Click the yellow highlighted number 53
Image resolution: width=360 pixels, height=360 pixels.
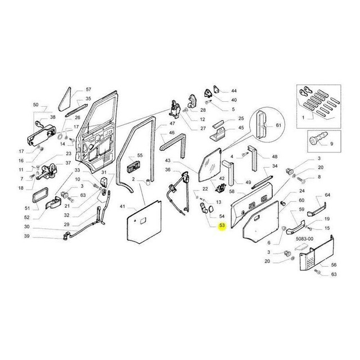tap(222, 226)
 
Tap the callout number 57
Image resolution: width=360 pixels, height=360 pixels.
tap(88, 89)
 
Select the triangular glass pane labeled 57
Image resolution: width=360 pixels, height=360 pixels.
tap(65, 99)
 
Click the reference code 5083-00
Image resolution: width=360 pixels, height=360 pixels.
tap(304, 238)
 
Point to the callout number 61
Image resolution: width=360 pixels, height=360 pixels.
tap(278, 125)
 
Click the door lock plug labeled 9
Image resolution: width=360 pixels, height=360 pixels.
tap(318, 139)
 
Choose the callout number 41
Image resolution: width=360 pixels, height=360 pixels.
tap(123, 206)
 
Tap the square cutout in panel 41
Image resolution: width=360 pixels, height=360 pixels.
tap(142, 220)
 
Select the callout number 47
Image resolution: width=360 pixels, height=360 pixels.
tap(172, 124)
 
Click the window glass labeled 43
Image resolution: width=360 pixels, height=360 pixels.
tap(210, 165)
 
